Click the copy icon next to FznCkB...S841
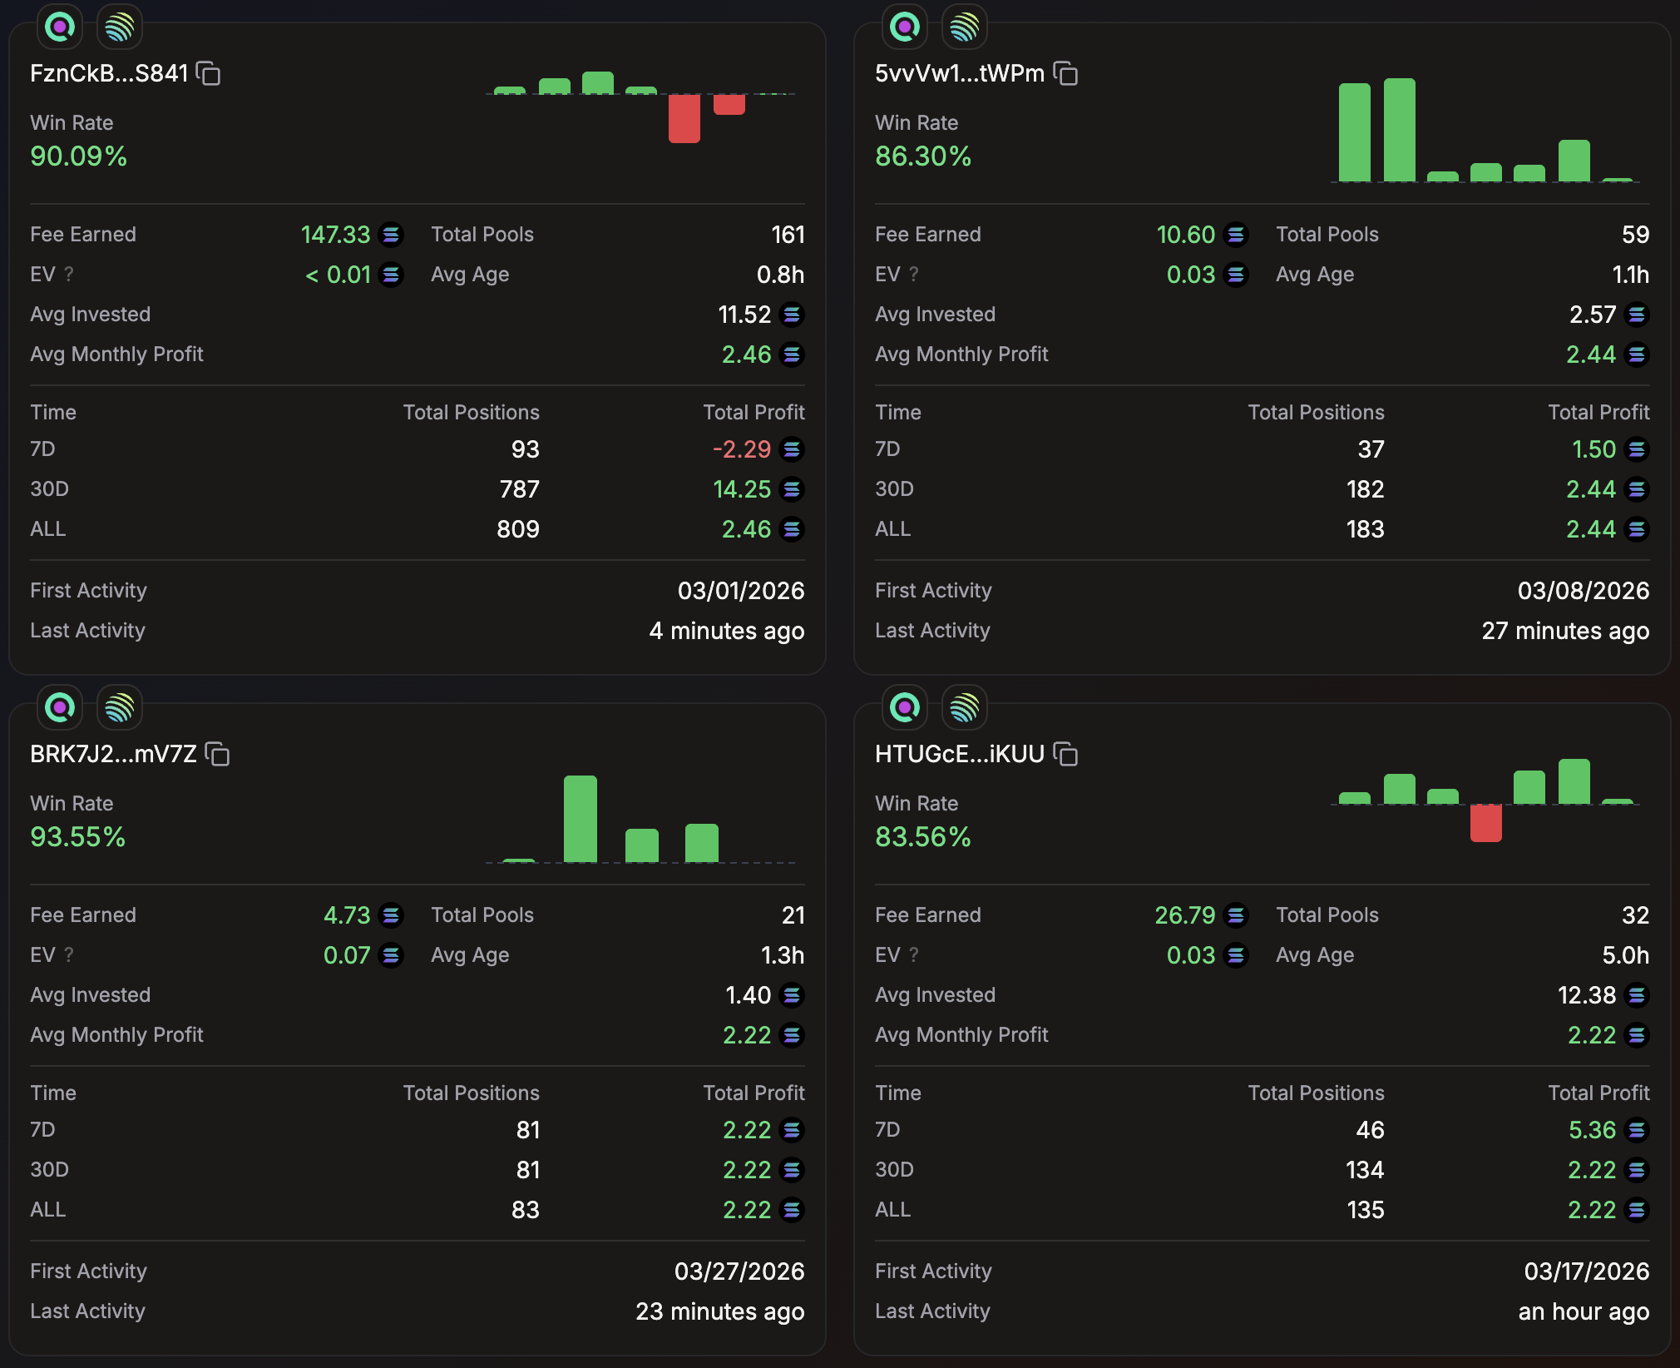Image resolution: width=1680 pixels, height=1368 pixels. (209, 74)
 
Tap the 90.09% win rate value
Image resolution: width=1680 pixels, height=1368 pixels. (78, 156)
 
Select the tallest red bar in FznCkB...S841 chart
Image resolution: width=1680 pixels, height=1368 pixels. (684, 118)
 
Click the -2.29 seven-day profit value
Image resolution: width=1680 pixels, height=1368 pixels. (741, 449)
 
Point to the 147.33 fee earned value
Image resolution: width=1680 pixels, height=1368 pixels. (335, 235)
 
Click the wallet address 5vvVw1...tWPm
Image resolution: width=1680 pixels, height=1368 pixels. (959, 74)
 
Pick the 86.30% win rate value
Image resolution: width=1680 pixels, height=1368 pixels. (922, 156)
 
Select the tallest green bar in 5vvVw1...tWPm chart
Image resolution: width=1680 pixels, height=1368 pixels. (1399, 130)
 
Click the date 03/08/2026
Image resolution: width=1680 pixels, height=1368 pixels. (1583, 591)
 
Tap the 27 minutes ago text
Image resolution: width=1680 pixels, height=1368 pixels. (1564, 631)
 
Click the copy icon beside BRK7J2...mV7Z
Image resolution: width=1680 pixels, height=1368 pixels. (218, 755)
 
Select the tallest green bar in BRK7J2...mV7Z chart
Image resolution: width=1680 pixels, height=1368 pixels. (580, 819)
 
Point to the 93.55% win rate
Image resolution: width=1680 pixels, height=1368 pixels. (77, 837)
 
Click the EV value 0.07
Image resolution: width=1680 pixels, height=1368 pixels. (347, 955)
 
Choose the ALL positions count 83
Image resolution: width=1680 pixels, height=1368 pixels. (525, 1210)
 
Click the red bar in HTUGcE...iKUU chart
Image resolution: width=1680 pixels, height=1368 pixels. (1485, 824)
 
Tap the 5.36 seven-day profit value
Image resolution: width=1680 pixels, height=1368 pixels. (1592, 1130)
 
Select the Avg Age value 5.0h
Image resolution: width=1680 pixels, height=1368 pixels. (1625, 955)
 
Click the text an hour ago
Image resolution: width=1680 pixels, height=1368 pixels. (1583, 1311)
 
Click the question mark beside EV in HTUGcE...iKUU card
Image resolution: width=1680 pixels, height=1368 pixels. (914, 955)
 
